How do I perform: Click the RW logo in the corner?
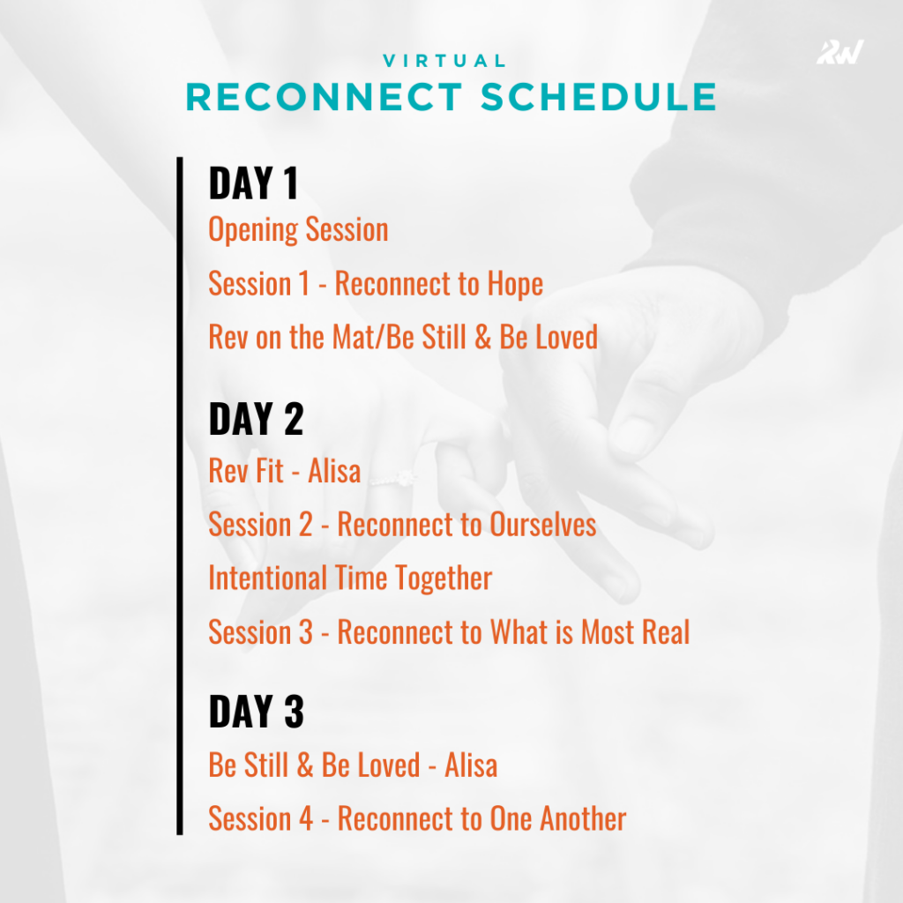[840, 52]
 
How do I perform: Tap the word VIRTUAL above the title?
[445, 61]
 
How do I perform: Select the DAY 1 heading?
[253, 184]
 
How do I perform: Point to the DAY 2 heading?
[256, 420]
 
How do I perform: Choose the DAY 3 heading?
[256, 713]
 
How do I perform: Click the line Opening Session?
[298, 230]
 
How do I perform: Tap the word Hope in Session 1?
[514, 284]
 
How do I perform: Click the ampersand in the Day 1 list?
[482, 337]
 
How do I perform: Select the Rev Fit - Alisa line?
[284, 471]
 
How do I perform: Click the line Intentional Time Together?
[350, 578]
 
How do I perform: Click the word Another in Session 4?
[582, 819]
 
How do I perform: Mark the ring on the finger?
[392, 477]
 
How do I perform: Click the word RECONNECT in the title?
[325, 97]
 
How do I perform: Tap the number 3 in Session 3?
[303, 632]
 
